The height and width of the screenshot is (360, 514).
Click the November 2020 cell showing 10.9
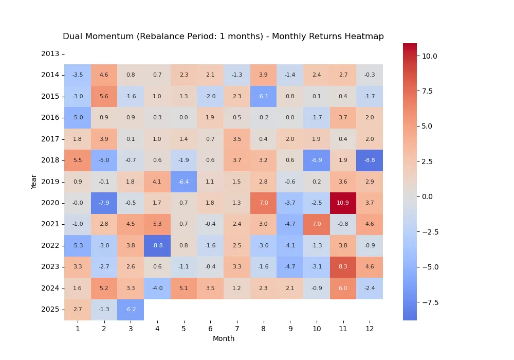343,203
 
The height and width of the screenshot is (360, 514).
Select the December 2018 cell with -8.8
370,160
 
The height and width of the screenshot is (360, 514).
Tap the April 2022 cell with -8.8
157,245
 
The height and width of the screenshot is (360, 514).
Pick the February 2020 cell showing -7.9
104,203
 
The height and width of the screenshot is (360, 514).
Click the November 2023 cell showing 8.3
343,267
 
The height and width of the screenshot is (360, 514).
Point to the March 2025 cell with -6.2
131,310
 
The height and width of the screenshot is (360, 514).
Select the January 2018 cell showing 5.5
78,160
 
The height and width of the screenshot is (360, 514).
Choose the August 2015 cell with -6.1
263,96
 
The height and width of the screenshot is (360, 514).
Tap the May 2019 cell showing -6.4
183,182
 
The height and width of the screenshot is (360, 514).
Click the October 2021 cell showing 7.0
316,224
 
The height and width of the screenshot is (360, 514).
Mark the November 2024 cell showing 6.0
343,288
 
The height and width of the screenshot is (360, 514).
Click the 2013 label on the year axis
50,53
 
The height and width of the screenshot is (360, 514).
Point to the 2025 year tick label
50,310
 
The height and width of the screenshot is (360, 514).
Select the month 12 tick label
370,328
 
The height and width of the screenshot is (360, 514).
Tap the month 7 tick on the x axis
237,328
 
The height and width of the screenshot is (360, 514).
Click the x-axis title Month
224,338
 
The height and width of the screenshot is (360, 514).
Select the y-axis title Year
34,181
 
